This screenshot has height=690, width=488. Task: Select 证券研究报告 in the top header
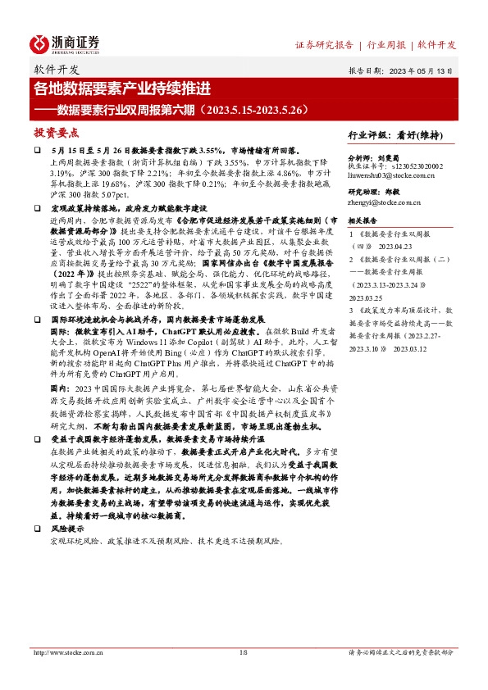(324, 44)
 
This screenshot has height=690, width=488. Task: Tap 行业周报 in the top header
(387, 44)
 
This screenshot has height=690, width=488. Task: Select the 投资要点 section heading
(56, 131)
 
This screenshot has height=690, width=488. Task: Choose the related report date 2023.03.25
(366, 297)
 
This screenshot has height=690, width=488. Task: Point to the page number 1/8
(243, 652)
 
